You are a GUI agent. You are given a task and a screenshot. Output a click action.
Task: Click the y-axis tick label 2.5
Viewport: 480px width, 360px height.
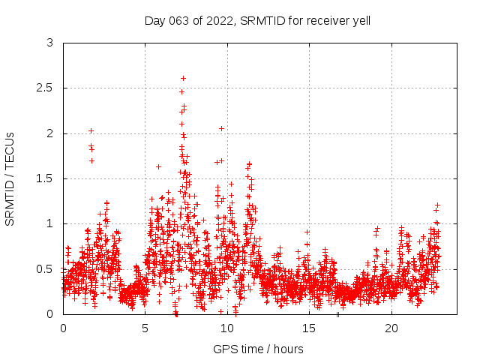(46, 88)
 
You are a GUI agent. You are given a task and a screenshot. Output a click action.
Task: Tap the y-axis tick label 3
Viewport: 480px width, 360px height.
(50, 43)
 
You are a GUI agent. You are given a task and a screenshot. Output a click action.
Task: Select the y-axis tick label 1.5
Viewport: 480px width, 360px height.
(46, 178)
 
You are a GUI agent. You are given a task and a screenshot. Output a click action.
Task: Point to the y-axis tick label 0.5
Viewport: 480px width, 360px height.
(46, 268)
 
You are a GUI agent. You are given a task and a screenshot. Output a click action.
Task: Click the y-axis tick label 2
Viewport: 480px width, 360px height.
(50, 133)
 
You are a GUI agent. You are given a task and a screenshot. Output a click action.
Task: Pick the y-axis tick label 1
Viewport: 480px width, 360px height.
(50, 223)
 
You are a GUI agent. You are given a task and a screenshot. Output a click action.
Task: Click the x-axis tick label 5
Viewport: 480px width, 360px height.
(145, 328)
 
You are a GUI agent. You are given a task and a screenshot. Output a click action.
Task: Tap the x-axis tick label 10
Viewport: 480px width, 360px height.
(227, 328)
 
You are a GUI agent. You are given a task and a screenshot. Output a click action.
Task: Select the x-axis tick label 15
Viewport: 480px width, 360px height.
(310, 328)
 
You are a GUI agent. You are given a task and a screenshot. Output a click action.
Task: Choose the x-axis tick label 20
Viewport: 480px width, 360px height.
(391, 328)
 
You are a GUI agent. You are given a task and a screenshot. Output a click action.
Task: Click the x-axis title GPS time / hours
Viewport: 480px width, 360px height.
(258, 349)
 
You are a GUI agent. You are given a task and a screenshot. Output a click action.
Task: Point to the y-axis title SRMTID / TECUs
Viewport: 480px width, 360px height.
(10, 178)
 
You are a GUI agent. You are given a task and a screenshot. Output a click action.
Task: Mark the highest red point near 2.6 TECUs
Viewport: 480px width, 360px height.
(183, 78)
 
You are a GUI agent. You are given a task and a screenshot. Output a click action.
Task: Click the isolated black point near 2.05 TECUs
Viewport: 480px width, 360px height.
(221, 128)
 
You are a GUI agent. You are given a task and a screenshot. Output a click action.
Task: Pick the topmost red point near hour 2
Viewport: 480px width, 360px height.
(91, 130)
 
